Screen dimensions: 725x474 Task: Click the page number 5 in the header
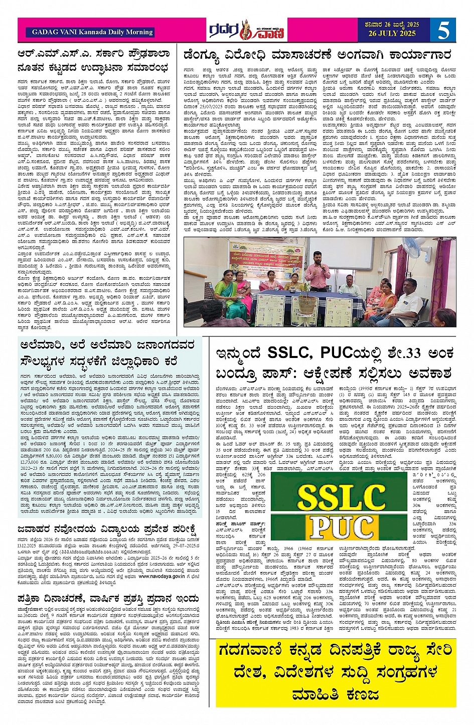click(443, 30)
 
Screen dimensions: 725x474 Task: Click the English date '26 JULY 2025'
click(393, 34)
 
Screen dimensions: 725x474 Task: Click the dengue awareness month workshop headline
click(320, 54)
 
